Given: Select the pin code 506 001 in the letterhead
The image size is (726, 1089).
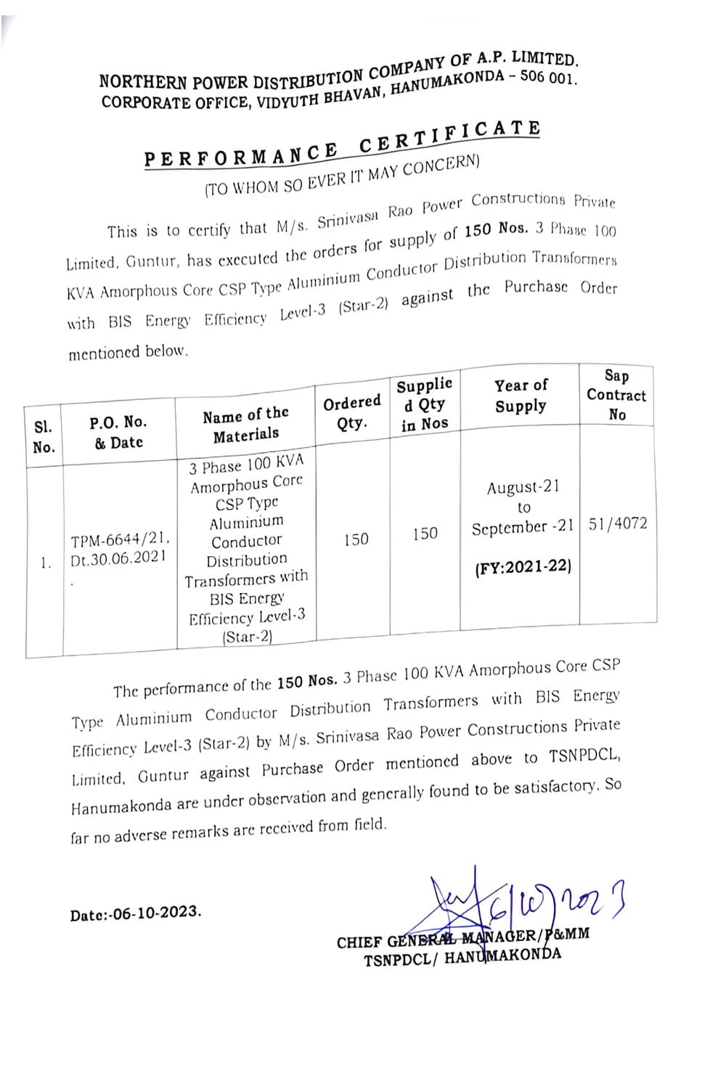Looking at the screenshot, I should pos(547,77).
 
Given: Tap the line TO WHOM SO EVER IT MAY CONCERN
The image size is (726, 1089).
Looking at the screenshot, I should pos(342,176).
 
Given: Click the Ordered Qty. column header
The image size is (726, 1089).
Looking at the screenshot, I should pos(351,412).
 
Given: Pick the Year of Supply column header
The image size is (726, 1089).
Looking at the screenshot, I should pos(521,396).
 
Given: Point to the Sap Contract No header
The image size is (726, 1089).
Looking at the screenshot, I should pos(616,395).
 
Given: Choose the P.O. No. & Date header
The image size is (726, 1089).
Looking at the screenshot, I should pos(118,432).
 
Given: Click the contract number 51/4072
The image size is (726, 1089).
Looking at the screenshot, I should pos(618,523).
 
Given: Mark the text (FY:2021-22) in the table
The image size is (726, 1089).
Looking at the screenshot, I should pos(523,566).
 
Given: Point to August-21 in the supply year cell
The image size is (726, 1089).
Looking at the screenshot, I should pos(523,486).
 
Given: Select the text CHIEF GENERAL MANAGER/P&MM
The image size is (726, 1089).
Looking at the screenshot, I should pos(462,938).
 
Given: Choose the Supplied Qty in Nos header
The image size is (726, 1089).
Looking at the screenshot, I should pos(425,404).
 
